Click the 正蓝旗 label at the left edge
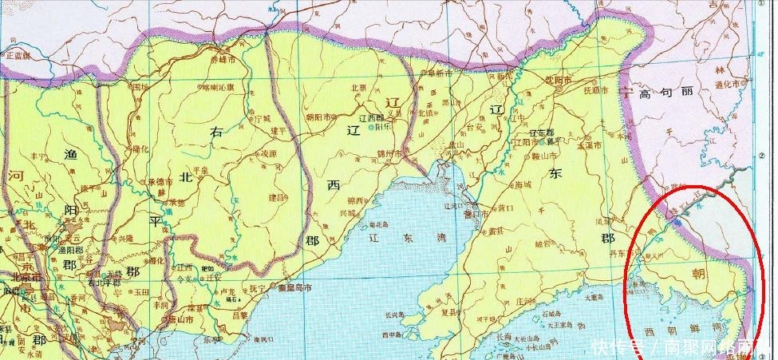[17, 56]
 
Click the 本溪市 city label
[590, 144]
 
